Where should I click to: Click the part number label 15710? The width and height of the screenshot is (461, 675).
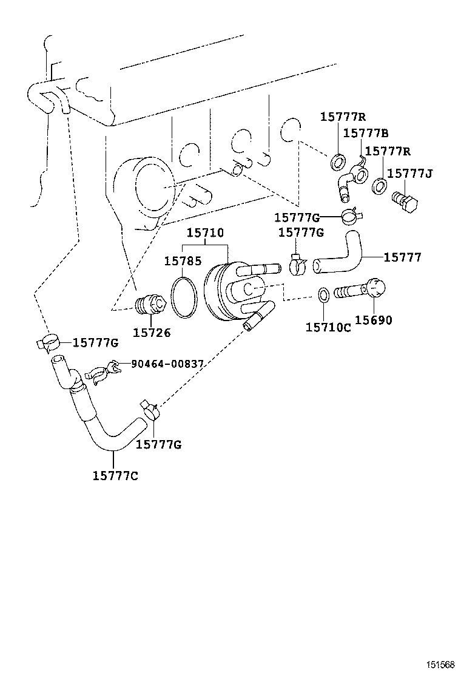205,232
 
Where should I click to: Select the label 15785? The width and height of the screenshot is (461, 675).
183,261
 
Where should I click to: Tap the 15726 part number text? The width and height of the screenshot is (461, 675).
152,332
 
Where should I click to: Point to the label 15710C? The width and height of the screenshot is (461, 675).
328,327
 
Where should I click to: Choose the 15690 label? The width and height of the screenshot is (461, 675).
374,321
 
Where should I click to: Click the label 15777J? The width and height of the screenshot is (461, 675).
410,174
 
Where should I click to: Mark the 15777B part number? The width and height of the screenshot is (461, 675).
366,133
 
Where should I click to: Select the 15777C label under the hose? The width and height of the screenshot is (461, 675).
115,475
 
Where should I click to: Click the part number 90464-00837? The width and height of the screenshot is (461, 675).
167,364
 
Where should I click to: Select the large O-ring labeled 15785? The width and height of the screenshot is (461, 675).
184,297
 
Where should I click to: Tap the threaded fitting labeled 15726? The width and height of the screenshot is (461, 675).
151,304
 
